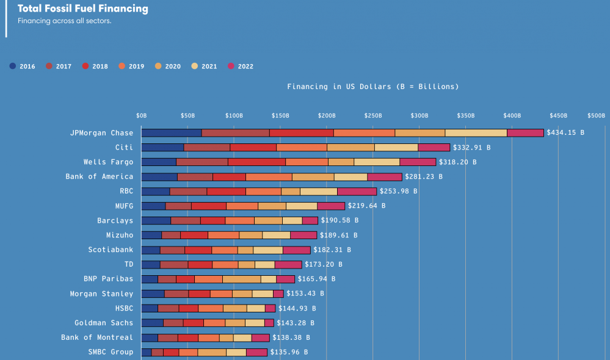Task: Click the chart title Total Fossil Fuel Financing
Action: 82,9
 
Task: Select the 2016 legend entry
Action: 23,67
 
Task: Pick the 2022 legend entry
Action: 241,67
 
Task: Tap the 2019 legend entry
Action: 131,67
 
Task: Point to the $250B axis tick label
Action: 373,115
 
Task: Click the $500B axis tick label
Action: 596,115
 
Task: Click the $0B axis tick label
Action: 141,115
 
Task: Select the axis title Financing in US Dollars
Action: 372,87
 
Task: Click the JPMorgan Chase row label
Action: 101,132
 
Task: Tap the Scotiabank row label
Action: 111,250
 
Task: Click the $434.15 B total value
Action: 565,132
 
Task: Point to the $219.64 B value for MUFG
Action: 366,206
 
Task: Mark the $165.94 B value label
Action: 316,279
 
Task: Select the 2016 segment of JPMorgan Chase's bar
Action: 171,132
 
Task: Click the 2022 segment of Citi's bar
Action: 434,147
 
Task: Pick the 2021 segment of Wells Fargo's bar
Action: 376,162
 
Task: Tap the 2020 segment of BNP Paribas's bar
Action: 241,279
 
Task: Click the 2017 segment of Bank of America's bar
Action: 195,176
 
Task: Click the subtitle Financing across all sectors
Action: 64,21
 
